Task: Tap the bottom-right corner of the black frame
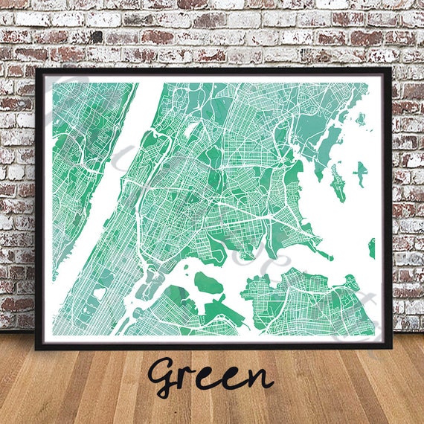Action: click(390, 347)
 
